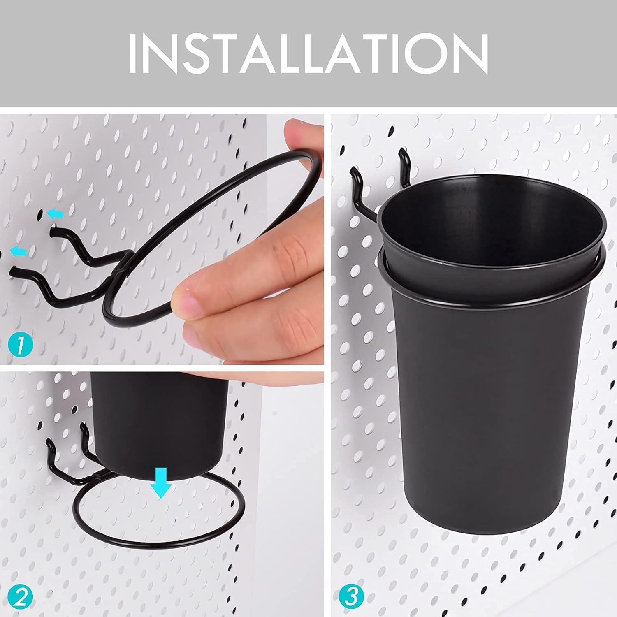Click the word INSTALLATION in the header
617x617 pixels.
[x=308, y=54]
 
